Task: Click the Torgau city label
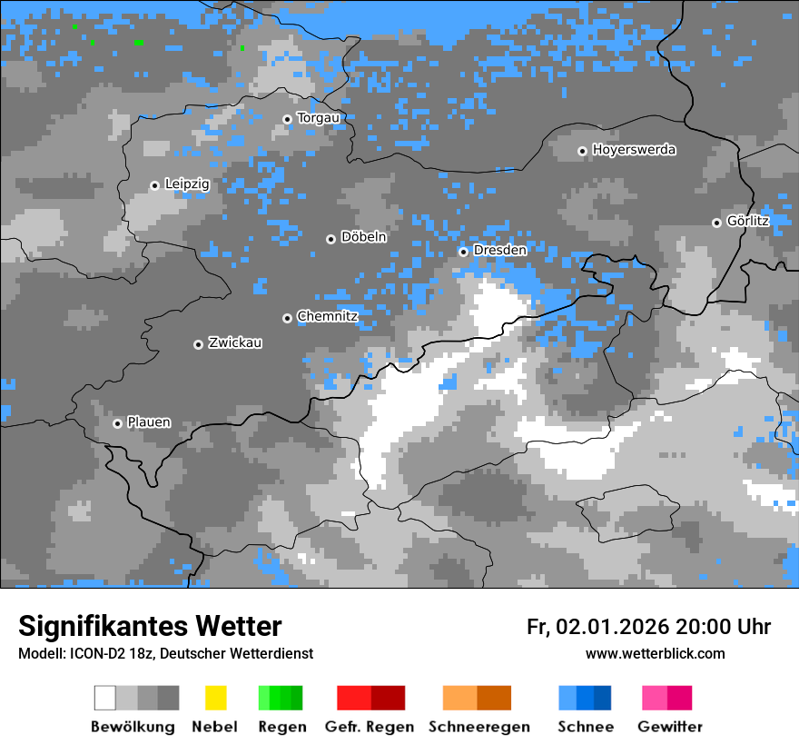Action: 318,118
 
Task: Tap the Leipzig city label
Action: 187,184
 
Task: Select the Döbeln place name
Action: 363,237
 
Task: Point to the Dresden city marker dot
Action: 463,252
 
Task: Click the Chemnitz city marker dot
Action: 288,318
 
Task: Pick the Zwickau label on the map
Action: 235,342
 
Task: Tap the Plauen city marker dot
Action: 117,423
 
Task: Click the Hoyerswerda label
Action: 634,150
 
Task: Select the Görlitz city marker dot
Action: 716,223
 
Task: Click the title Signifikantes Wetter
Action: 150,627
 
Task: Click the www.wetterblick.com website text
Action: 655,654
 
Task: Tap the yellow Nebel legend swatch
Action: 215,698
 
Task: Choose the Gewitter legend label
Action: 669,727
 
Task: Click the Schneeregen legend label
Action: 478,727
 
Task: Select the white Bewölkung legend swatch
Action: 105,698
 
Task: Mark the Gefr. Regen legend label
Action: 369,727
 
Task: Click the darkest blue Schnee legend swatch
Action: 603,698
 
